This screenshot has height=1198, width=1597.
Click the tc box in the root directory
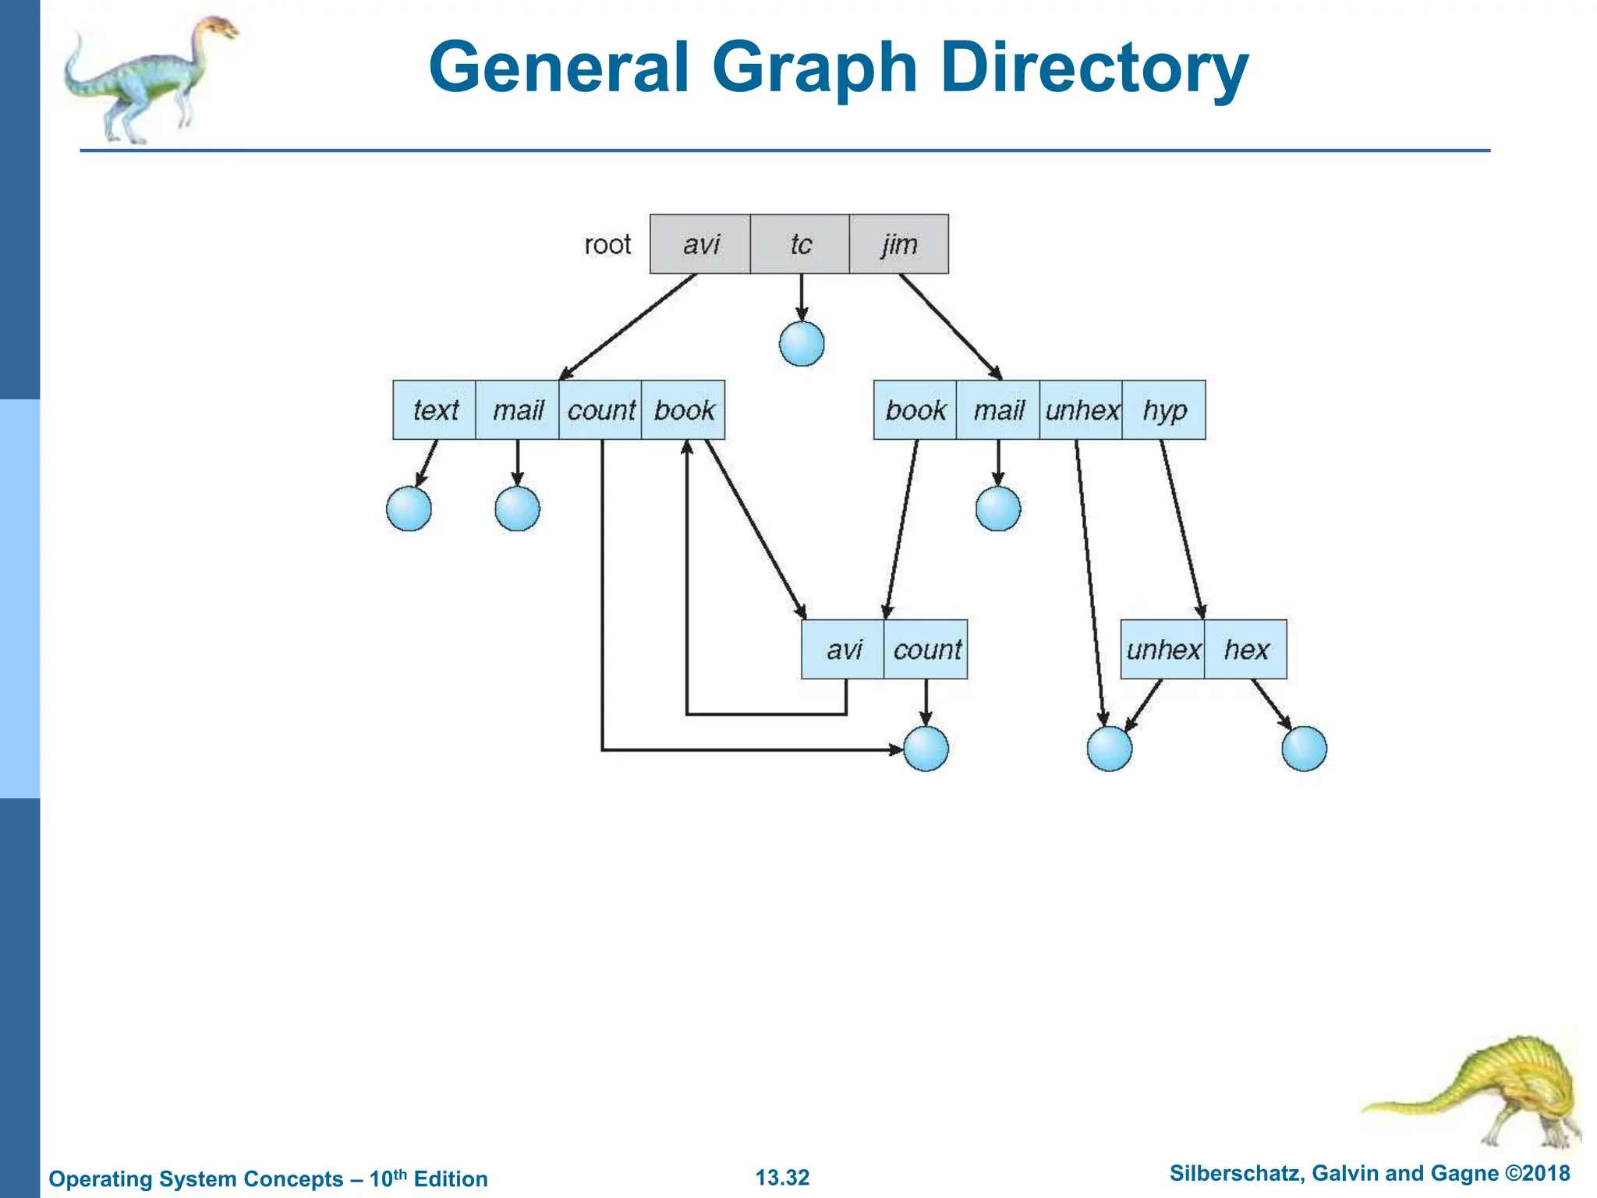click(x=799, y=244)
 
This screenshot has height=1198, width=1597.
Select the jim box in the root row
click(x=898, y=244)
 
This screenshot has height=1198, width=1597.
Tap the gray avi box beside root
click(x=700, y=244)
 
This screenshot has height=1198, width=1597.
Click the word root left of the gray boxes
click(x=607, y=245)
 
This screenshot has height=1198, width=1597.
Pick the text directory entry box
click(x=434, y=410)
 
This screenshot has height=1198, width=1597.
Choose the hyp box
click(x=1163, y=410)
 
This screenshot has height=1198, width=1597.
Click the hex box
click(x=1245, y=650)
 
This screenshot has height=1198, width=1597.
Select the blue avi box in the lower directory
click(x=843, y=650)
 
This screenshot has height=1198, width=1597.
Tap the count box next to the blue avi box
click(x=926, y=650)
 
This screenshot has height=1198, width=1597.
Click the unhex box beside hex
click(x=1163, y=650)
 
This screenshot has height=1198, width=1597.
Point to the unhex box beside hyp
click(x=1081, y=410)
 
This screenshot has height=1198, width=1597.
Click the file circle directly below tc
click(x=802, y=344)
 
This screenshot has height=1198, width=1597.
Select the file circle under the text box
click(x=409, y=509)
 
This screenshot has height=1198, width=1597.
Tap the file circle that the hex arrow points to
click(x=1304, y=749)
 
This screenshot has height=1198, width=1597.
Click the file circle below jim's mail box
click(x=998, y=509)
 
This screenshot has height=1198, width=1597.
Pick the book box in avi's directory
click(x=683, y=410)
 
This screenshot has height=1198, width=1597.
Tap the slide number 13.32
click(x=782, y=1177)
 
